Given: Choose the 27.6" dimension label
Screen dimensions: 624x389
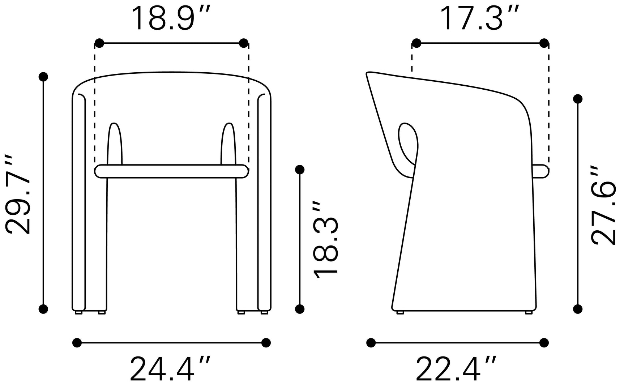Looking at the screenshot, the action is [x=603, y=206].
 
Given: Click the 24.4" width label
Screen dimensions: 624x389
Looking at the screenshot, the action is [x=170, y=369].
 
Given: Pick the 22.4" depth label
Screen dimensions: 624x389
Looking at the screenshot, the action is [x=456, y=369].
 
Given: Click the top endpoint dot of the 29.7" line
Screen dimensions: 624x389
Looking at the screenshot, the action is [x=43, y=77].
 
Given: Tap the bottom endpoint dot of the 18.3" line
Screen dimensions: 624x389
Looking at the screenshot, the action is [x=300, y=309].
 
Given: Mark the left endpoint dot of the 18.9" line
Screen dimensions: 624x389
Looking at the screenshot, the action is [x=99, y=43].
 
